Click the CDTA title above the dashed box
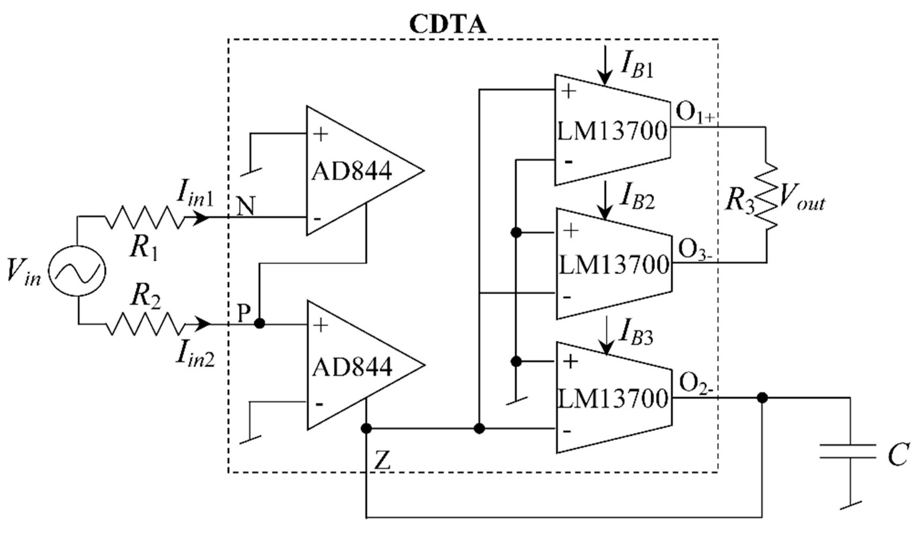tap(448, 25)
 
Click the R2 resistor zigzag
tap(145, 324)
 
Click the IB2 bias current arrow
tap(605, 200)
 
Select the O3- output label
tap(695, 250)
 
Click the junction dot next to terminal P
tap(259, 324)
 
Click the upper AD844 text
tap(351, 171)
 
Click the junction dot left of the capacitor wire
tap(762, 398)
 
